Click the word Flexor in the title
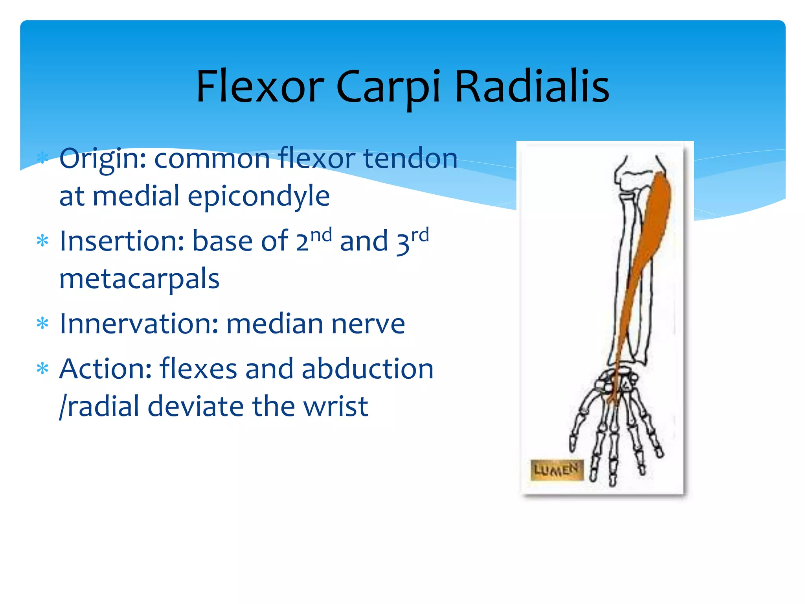coord(260,87)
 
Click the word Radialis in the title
coord(531,87)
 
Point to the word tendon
coord(410,158)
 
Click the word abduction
coord(368,369)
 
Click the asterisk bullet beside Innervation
coord(42,324)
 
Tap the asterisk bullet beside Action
coord(42,369)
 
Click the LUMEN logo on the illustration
coord(556,470)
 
